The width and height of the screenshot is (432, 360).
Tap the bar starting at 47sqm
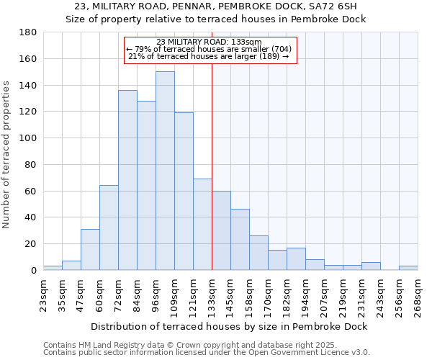tap(90, 249)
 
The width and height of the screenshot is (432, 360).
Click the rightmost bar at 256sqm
tap(408, 268)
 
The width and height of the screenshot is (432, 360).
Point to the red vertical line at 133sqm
tap(212, 166)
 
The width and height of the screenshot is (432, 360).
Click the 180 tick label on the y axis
tap(28, 32)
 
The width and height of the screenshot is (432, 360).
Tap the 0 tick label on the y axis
tap(33, 270)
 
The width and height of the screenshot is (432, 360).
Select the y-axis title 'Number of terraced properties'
tap(7, 155)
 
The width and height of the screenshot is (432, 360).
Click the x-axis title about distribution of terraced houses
tap(229, 326)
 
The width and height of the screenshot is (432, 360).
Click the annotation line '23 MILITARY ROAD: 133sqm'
tap(209, 42)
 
